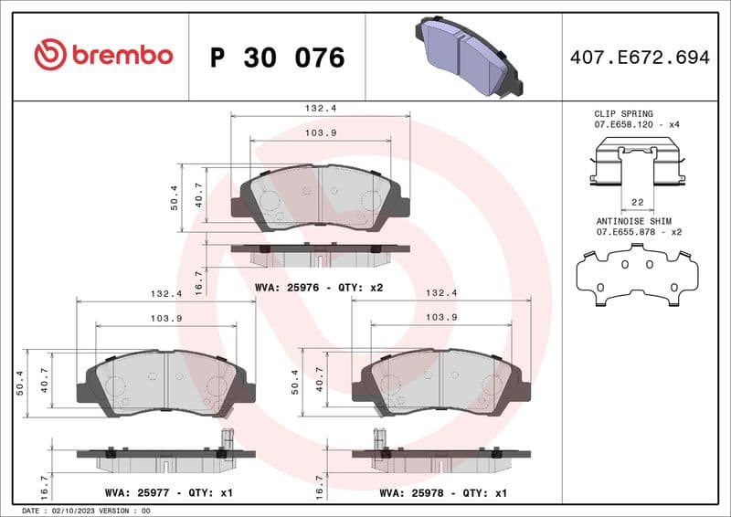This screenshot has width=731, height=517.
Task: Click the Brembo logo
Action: (103, 55)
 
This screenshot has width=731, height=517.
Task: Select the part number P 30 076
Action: (277, 58)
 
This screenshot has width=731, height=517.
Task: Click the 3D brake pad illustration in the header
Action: (468, 57)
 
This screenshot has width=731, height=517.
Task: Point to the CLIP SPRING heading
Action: (624, 113)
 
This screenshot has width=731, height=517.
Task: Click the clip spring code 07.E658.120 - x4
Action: (638, 123)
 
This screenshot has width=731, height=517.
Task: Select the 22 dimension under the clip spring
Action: (638, 201)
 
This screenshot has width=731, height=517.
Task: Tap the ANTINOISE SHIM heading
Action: (633, 221)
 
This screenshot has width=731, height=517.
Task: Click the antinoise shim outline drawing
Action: (637, 275)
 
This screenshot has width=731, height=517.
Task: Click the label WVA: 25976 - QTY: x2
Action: (319, 287)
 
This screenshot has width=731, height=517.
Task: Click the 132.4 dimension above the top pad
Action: (320, 108)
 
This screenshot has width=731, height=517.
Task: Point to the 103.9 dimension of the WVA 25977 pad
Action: (165, 317)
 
